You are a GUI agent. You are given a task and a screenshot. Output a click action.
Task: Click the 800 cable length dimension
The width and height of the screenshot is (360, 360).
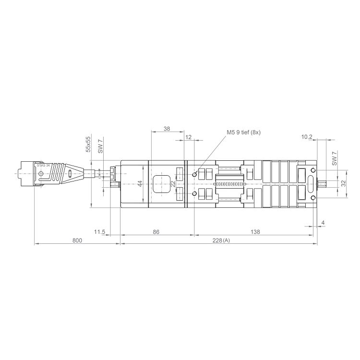click(77, 240)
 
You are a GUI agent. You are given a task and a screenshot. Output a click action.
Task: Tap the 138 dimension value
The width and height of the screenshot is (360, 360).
click(255, 232)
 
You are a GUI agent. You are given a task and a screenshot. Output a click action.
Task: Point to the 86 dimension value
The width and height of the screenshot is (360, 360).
click(156, 232)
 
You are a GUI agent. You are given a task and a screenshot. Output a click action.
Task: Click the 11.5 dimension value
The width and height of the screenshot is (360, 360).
click(99, 232)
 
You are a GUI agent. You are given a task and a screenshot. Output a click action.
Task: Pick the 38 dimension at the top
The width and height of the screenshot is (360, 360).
click(167, 129)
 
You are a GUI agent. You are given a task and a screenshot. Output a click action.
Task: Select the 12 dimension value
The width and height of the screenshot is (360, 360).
click(188, 137)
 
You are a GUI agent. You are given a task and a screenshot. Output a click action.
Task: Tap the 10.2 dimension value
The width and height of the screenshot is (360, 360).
click(307, 137)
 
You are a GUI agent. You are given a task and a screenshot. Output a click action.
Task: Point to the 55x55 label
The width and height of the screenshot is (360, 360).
click(88, 144)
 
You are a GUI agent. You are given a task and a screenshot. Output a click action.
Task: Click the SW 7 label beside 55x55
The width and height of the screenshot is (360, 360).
click(100, 146)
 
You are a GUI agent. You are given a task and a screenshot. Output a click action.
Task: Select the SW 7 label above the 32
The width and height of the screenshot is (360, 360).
click(335, 158)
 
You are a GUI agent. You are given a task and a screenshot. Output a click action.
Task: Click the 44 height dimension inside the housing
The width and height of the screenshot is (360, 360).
click(140, 184)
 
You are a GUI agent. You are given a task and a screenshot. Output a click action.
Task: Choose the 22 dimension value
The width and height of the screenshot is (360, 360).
click(173, 184)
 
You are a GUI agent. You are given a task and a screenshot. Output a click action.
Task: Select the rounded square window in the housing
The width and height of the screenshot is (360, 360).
click(162, 184)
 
